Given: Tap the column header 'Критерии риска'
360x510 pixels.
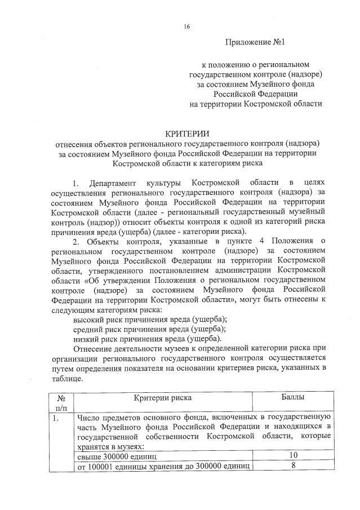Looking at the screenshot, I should [163, 398].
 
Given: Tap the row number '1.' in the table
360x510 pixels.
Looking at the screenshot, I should [55, 419].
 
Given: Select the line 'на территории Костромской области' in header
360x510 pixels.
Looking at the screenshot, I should [256, 104].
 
